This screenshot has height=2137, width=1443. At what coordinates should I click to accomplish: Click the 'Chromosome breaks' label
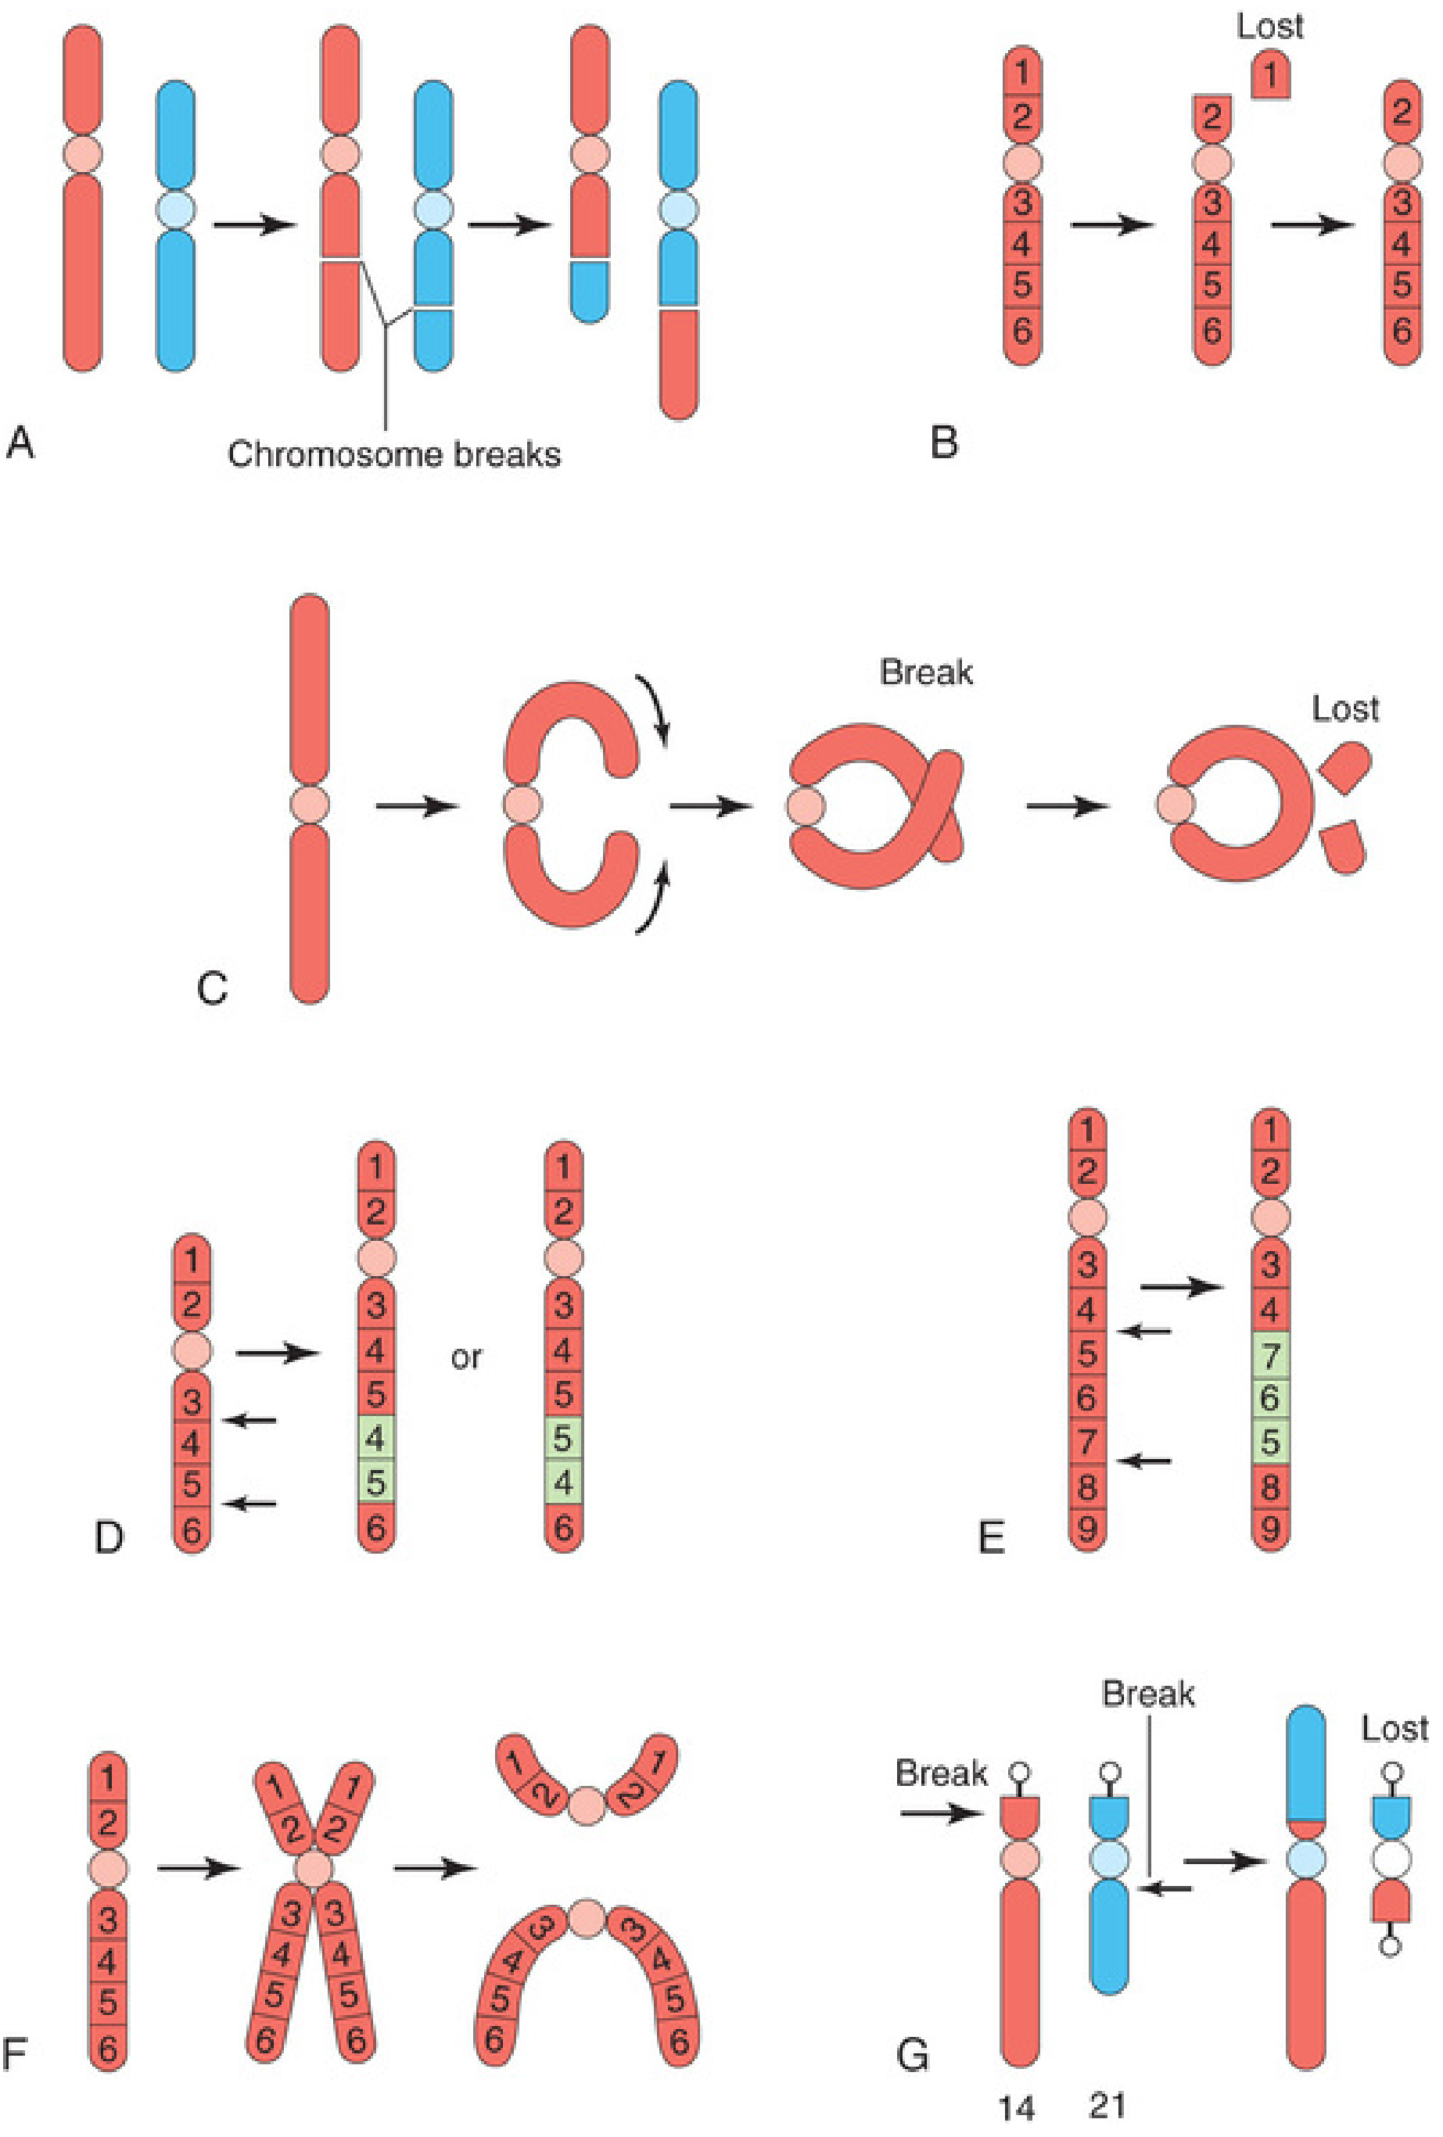393,454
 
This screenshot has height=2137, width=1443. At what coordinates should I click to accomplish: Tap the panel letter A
20,443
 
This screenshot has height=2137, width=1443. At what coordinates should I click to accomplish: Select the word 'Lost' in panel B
1269,26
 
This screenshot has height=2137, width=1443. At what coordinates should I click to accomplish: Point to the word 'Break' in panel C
925,672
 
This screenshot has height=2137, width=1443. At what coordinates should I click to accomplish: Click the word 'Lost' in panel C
1344,709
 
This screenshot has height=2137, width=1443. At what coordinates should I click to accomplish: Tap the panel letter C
213,988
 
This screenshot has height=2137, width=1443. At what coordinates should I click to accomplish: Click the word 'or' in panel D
466,1357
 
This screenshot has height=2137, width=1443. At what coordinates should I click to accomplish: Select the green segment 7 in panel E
1270,1354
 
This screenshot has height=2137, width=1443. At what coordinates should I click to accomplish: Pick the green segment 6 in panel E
1270,1398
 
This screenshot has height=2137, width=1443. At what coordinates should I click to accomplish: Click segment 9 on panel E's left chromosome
1086,1529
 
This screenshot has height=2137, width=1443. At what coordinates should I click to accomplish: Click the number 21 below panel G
1107,2105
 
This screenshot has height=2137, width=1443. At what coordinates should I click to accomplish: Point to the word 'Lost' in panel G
1395,1729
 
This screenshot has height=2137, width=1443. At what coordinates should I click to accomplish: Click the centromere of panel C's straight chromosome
309,804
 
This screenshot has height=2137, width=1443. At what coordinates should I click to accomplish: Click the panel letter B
943,443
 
